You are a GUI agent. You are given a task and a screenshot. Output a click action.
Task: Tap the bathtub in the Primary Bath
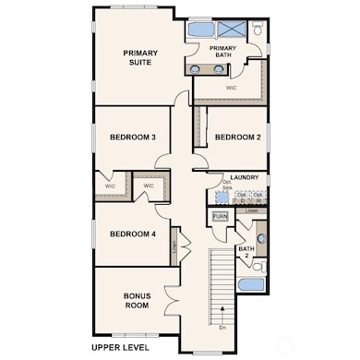click(200, 29)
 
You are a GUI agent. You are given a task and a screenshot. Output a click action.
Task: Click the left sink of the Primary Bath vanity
click(196, 68)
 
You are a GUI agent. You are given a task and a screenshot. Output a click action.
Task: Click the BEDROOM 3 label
click(133, 137)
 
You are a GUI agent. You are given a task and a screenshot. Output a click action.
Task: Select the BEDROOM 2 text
click(238, 137)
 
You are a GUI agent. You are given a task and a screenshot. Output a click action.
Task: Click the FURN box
click(221, 217)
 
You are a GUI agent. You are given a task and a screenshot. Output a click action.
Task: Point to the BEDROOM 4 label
click(133, 234)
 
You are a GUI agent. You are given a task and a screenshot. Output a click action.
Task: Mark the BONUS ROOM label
click(137, 300)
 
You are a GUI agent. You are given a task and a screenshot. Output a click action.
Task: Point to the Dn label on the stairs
click(222, 327)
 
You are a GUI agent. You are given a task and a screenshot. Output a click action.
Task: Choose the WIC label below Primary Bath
click(231, 89)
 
